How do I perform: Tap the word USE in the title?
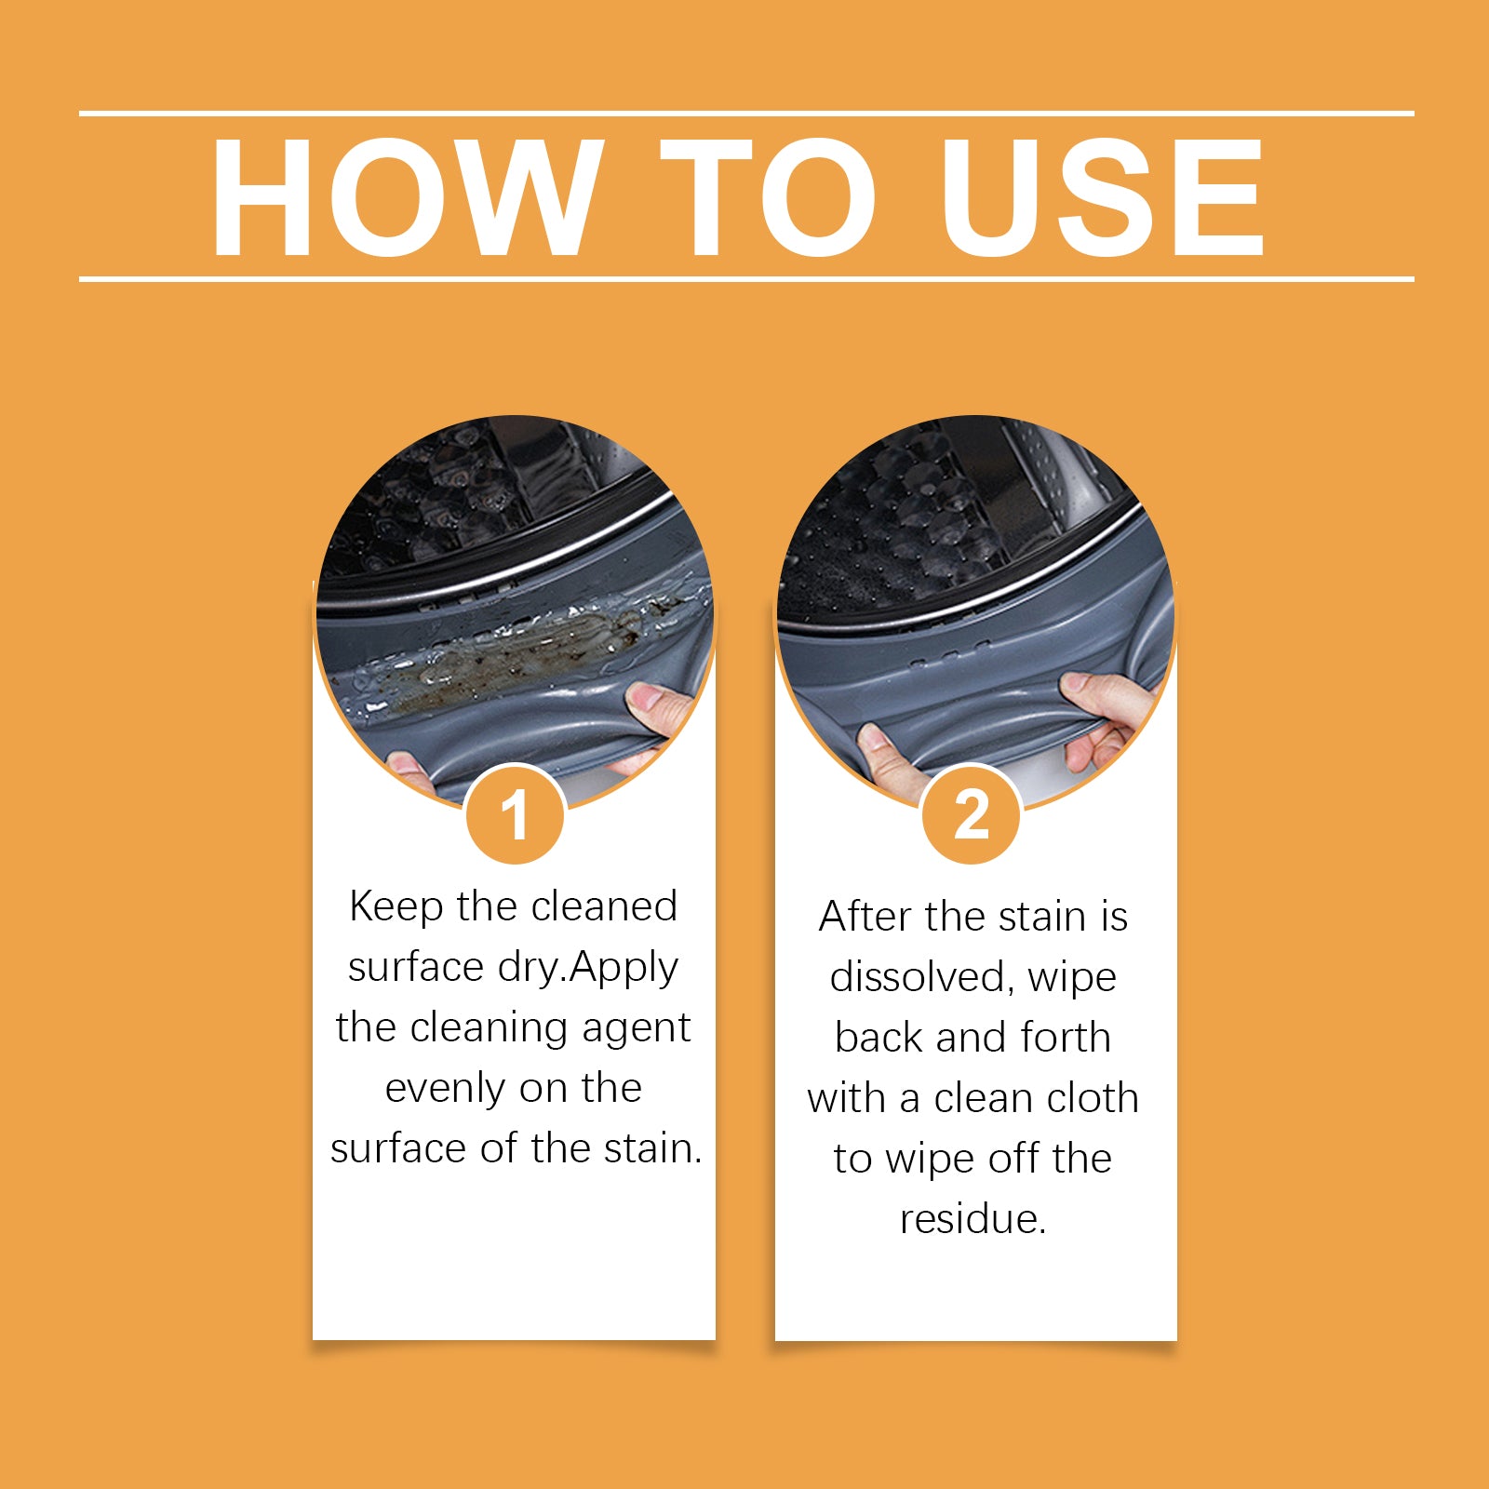point(1102,197)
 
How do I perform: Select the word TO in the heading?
point(767,197)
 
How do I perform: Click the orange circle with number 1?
point(515,815)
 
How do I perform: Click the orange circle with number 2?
point(972,815)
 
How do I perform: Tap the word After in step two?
point(865,917)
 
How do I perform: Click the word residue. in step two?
point(973,1219)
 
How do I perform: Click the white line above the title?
point(744,114)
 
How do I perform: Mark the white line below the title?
point(744,278)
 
